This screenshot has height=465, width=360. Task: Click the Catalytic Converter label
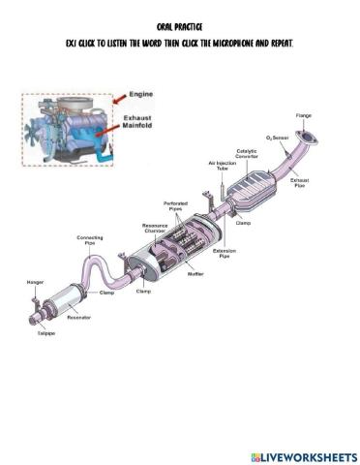pos(247,153)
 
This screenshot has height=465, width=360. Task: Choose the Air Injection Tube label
pos(221,166)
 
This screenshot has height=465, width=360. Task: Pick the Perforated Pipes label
pos(175,205)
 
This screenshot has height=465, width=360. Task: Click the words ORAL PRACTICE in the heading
pos(180,29)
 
